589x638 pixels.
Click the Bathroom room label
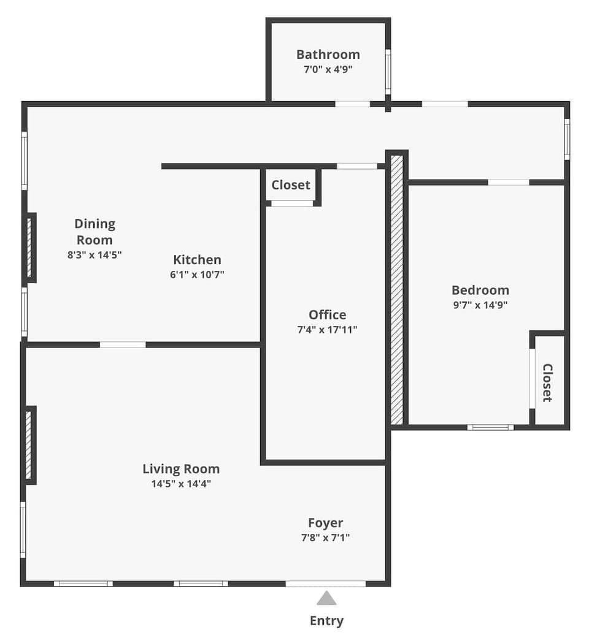(328, 55)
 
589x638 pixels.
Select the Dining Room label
(94, 232)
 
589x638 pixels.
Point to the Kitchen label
(197, 260)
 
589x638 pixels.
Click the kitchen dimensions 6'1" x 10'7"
(197, 275)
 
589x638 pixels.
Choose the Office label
(327, 315)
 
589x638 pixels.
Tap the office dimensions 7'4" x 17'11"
(327, 330)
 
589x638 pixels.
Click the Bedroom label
(480, 291)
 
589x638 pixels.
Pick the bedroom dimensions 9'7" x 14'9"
(480, 305)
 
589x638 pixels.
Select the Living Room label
(181, 469)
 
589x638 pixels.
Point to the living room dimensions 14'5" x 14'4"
(181, 484)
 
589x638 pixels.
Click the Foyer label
(325, 523)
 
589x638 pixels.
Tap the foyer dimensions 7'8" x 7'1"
(325, 537)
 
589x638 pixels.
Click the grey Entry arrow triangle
(326, 598)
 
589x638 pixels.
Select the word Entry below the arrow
(326, 621)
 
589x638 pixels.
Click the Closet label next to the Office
(291, 185)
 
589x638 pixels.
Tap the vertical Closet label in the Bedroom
(547, 383)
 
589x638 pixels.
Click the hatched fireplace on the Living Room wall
(28, 445)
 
